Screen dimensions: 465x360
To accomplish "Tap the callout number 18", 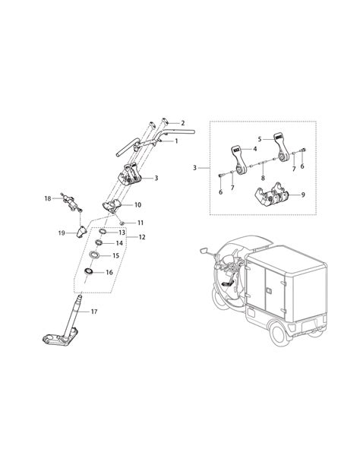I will point(47,198).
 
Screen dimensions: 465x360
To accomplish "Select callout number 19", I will point(63,232).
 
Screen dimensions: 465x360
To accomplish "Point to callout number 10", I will point(137,204).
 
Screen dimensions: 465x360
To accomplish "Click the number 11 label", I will point(141,222).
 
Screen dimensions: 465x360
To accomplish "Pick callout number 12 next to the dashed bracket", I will point(143,237).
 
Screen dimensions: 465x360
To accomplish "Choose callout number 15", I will point(116,256).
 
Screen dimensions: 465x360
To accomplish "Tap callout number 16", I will point(109,272).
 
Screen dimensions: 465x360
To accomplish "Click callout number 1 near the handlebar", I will point(176,141).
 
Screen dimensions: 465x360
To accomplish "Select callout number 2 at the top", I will point(182,123).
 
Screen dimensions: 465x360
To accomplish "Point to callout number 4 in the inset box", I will point(255,149).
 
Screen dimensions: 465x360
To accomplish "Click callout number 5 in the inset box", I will point(259,139).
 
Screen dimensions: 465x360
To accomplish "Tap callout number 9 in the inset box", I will point(304,195).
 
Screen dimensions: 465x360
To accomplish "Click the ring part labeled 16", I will point(90,270).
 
